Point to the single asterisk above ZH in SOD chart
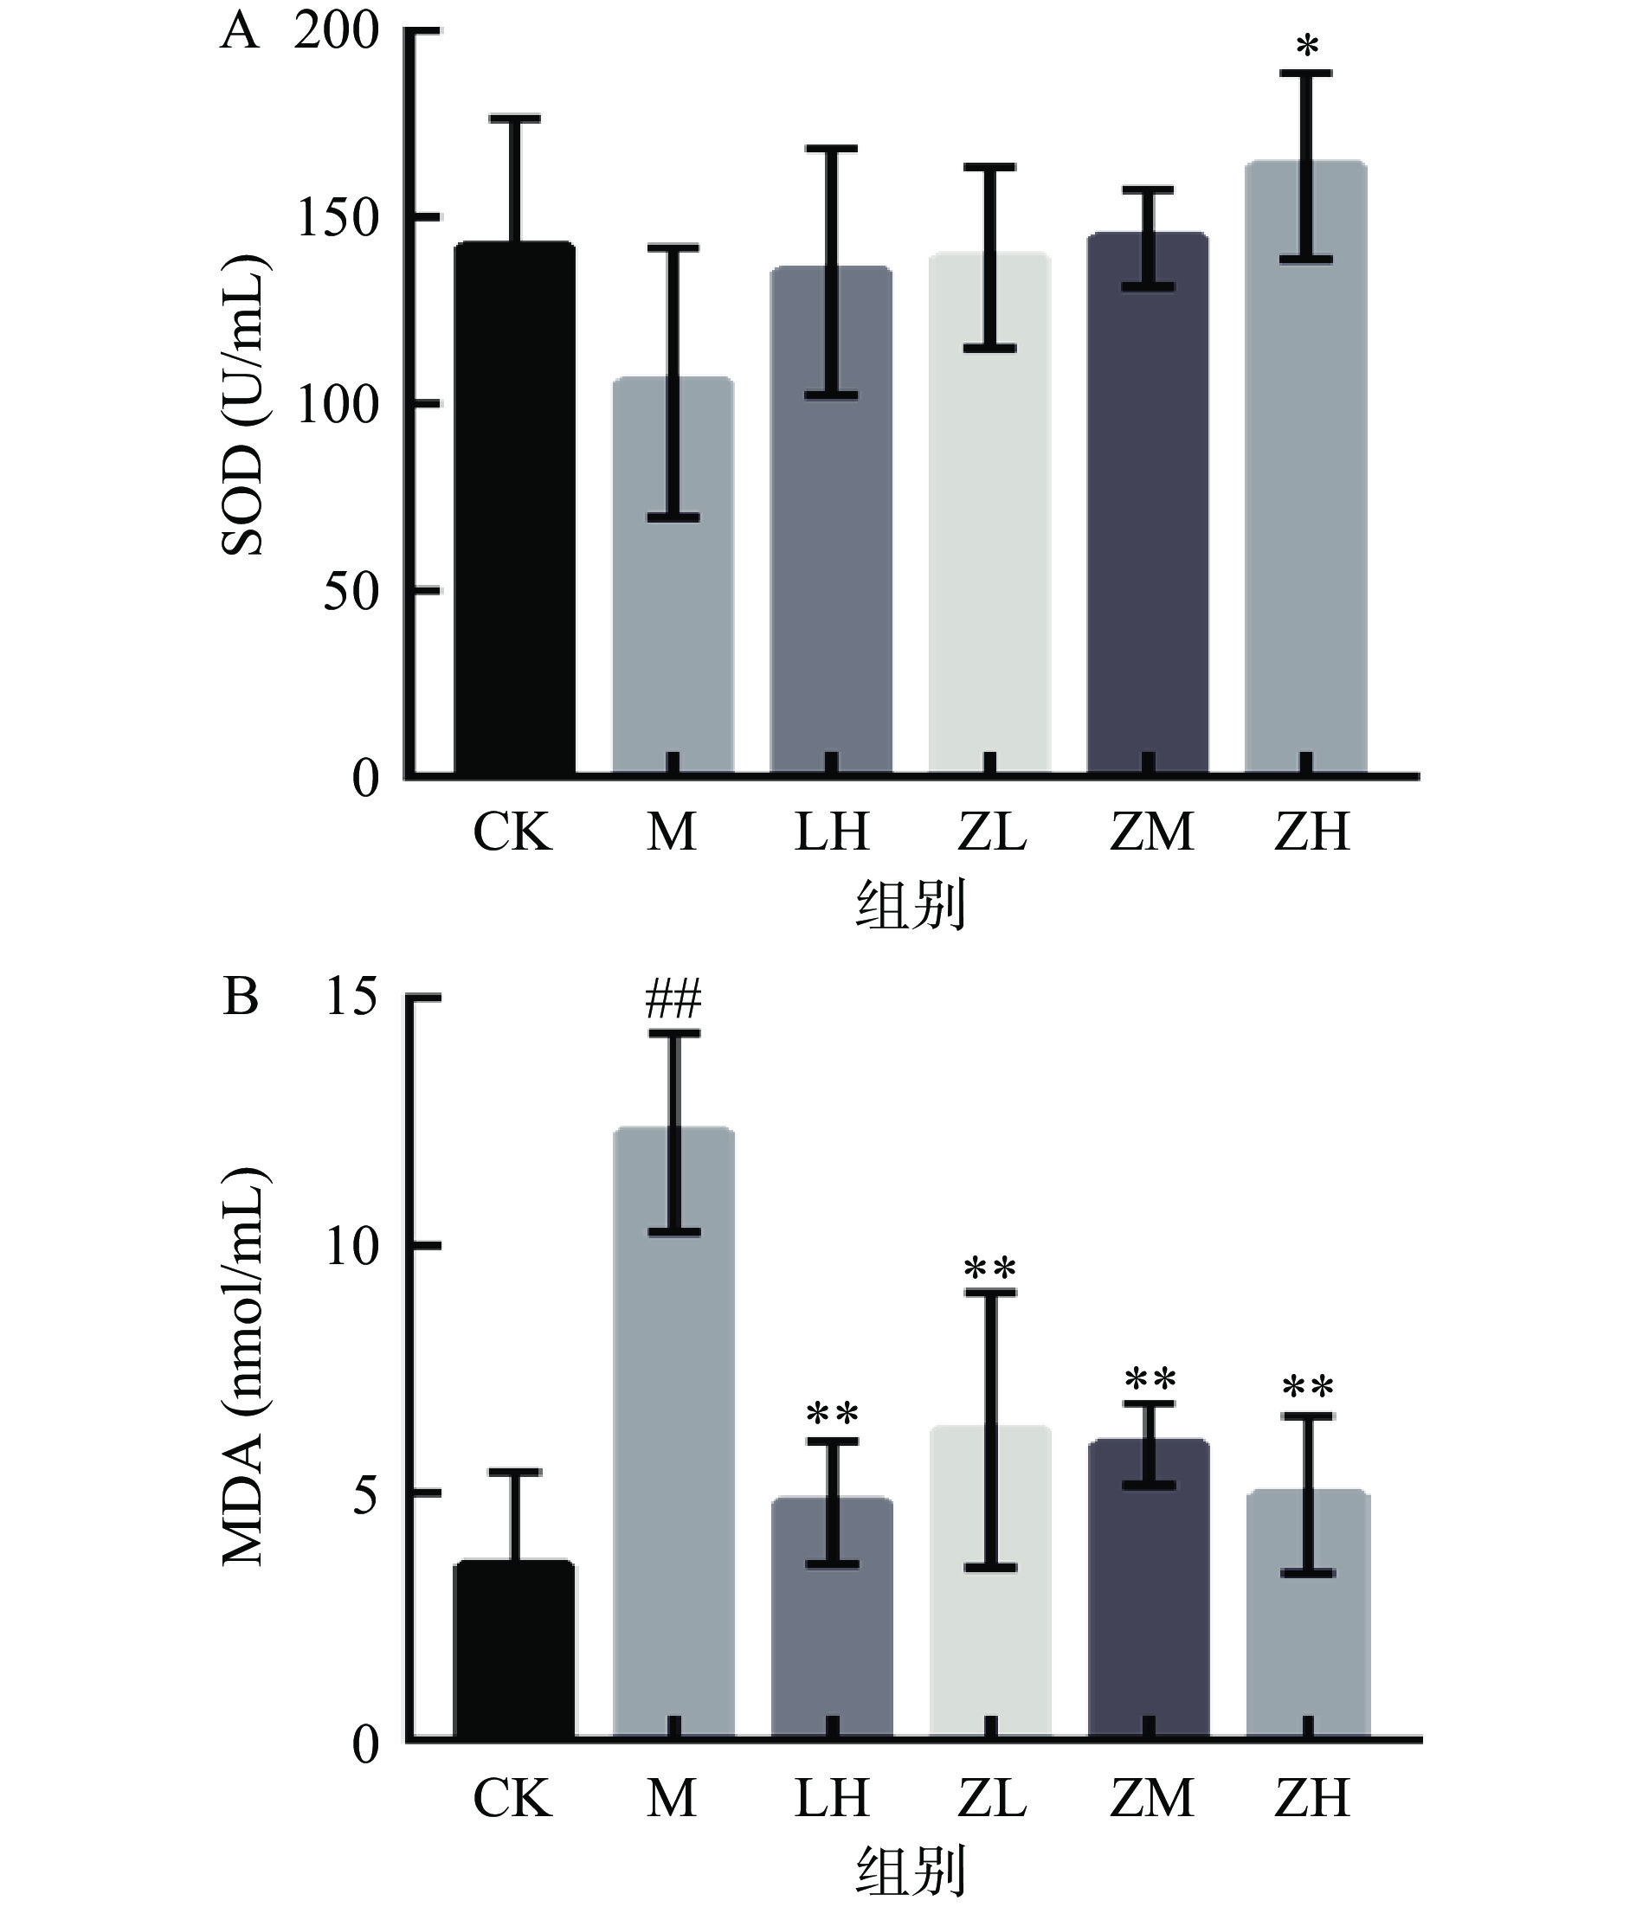coord(1306,45)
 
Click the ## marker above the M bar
coord(673,999)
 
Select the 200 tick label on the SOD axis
coord(337,33)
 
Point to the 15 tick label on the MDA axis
coord(351,997)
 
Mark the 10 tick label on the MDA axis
coord(351,1248)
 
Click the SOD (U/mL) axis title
coord(243,405)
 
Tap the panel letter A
coord(240,33)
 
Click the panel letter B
coord(241,997)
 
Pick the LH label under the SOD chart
coord(831,832)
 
